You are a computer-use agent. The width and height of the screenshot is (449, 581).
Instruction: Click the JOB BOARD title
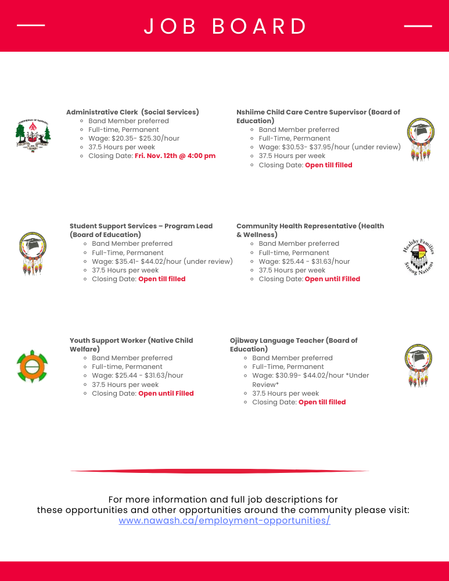225,26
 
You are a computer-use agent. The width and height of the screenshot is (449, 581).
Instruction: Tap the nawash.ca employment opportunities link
224,521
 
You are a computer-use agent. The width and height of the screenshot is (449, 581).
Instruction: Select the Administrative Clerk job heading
132,112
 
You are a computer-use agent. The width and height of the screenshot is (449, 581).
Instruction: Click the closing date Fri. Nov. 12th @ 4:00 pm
175,156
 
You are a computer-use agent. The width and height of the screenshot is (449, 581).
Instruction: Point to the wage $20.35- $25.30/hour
134,138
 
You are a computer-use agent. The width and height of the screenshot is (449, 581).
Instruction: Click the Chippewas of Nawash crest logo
33,136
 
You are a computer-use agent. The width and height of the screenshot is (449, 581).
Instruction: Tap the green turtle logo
33,366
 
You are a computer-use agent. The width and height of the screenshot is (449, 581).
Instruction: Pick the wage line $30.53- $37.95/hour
329,147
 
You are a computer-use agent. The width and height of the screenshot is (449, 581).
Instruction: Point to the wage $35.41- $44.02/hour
162,261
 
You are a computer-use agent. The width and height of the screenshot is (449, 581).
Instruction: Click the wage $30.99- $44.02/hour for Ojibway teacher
310,375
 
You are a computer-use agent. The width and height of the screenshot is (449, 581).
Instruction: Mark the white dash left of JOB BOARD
31,26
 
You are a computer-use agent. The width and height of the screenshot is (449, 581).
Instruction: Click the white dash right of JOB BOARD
418,26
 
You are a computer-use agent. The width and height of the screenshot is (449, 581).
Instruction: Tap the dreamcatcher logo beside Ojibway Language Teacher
419,365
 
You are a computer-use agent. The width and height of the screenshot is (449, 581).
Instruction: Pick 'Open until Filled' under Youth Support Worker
166,393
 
